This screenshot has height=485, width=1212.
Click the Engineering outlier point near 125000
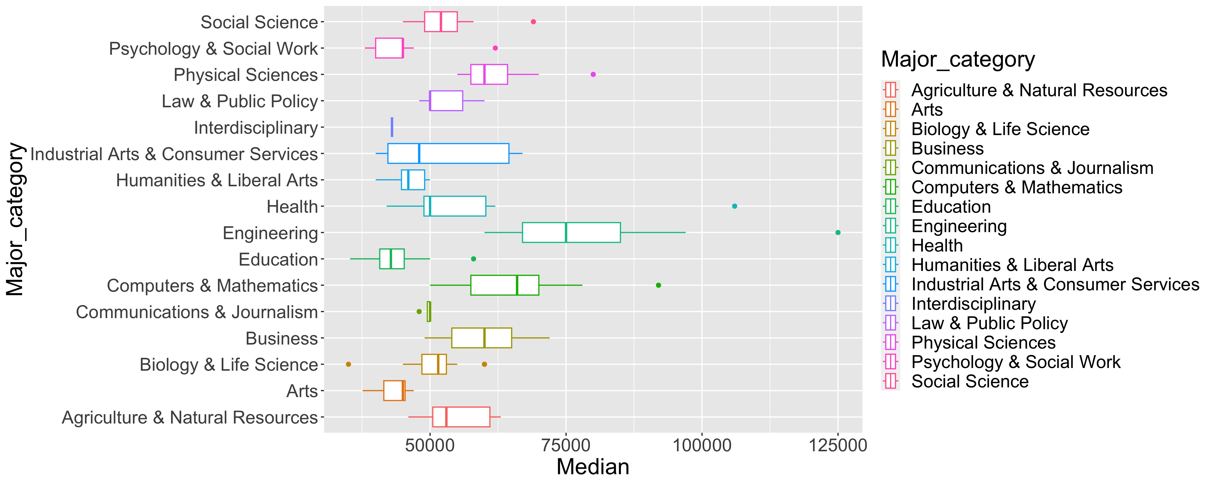pyautogui.click(x=838, y=233)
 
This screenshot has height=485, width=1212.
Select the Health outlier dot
pyautogui.click(x=734, y=206)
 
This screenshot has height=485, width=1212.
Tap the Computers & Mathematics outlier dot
pyautogui.click(x=658, y=285)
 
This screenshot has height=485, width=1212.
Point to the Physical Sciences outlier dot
pyautogui.click(x=593, y=74)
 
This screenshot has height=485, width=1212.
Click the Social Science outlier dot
pyautogui.click(x=533, y=22)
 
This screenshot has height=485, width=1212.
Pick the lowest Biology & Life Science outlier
pyautogui.click(x=348, y=364)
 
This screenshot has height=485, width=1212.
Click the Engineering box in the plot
pyautogui.click(x=571, y=233)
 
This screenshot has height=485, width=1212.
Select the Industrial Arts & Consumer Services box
pyautogui.click(x=448, y=153)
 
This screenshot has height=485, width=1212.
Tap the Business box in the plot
pyautogui.click(x=481, y=338)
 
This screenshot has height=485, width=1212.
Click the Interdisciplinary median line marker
pyautogui.click(x=392, y=127)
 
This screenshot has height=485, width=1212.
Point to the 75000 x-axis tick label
pyautogui.click(x=566, y=445)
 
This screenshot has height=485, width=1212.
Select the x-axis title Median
pyautogui.click(x=593, y=467)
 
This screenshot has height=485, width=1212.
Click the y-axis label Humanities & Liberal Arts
pyautogui.click(x=217, y=180)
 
